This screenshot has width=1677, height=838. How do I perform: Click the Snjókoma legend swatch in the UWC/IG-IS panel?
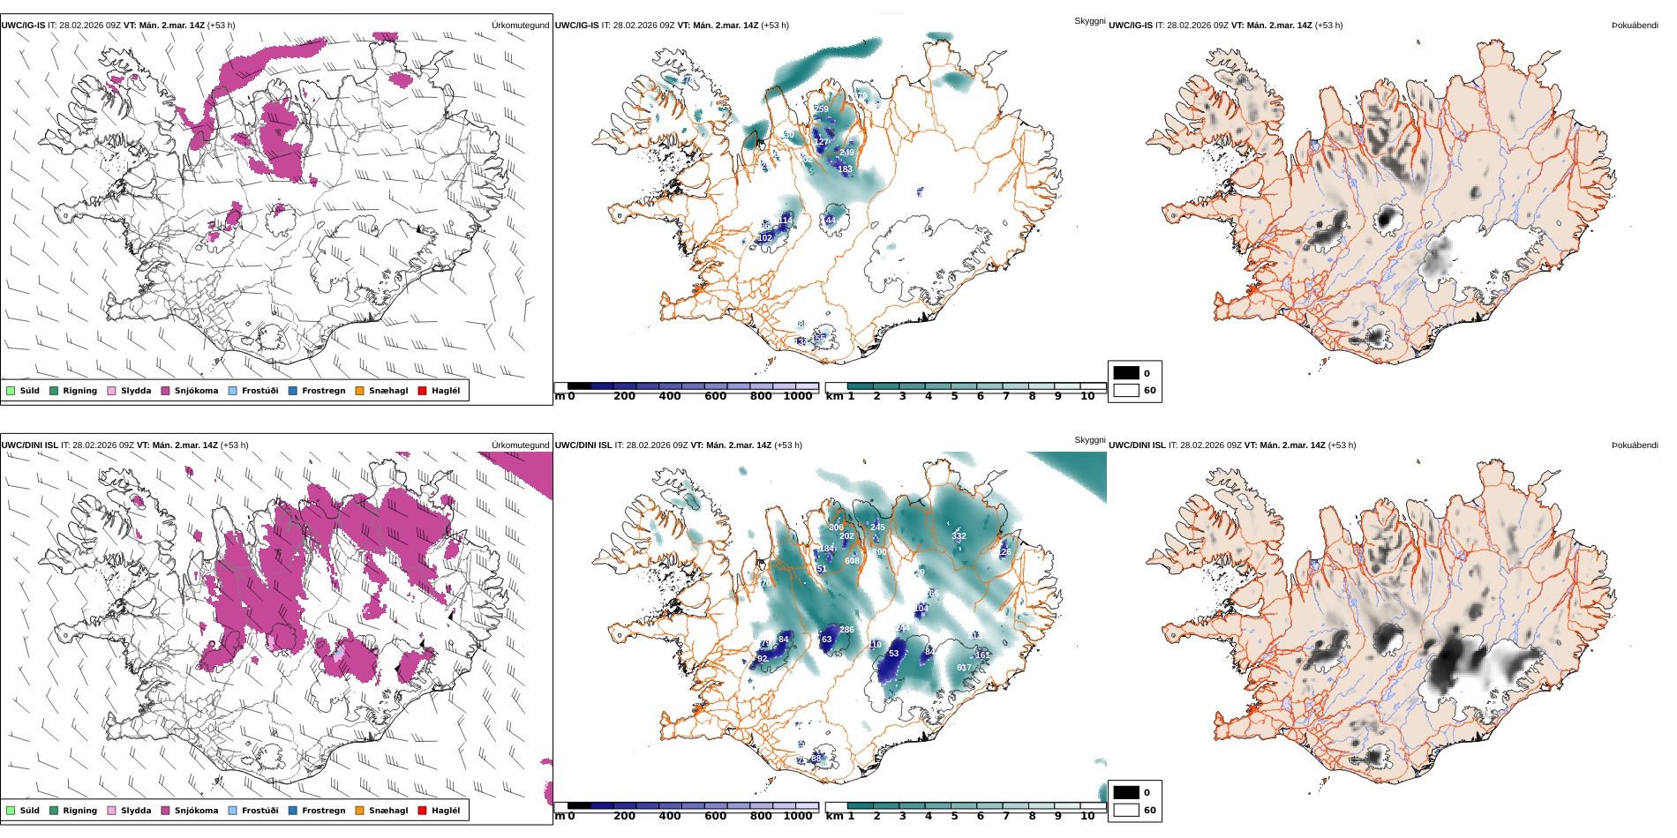coord(165,391)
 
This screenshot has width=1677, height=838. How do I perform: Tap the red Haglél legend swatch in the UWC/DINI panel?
coord(422,811)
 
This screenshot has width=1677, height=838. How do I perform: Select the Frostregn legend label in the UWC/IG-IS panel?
coord(323,391)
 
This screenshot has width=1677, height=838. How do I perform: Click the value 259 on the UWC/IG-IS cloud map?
coord(821,109)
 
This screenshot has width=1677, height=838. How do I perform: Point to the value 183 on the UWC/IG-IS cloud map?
coord(845,169)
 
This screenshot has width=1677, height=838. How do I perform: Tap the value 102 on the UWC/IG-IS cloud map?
coord(764,238)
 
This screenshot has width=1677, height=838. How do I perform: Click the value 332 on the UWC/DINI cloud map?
coord(959,536)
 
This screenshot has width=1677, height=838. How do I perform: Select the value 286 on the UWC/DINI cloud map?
coord(846,630)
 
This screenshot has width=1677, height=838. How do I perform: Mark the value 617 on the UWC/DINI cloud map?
coord(964,668)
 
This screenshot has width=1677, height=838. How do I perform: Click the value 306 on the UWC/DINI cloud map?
coord(836,527)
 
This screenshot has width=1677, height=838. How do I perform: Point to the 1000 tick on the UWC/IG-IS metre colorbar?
coord(797,396)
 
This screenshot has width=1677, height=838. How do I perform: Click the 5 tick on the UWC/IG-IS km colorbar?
coord(954,396)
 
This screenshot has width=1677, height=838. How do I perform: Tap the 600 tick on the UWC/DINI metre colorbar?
coord(716,816)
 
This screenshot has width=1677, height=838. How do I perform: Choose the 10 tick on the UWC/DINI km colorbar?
coord(1087,816)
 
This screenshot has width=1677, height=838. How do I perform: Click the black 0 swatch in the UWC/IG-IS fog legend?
coord(1126,373)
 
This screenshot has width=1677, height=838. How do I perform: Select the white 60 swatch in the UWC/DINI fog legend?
coord(1126,810)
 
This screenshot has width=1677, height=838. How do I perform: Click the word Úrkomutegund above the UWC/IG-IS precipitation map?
coord(520,26)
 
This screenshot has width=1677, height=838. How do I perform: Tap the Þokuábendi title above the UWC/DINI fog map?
coord(1635,445)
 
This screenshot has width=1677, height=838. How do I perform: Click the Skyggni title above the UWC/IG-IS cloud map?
coord(1089,21)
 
